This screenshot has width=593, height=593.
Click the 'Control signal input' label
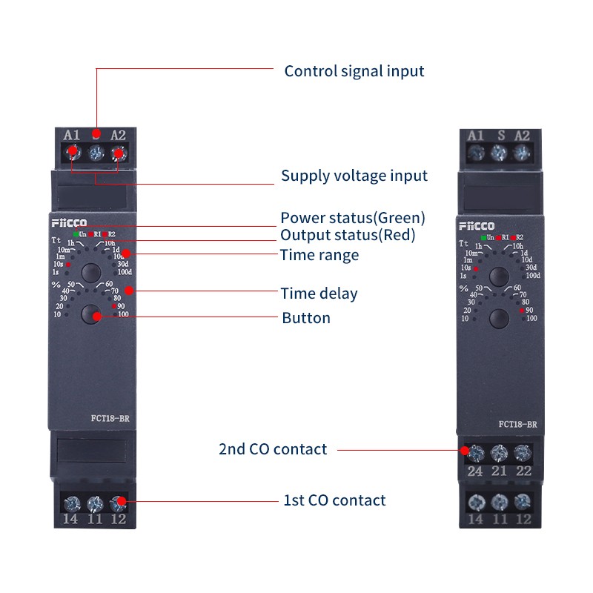[354, 71]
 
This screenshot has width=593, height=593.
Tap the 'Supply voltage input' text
[354, 176]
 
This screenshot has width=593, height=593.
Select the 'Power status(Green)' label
[353, 218]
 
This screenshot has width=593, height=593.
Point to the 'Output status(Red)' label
[348, 236]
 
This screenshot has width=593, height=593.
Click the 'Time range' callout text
[319, 255]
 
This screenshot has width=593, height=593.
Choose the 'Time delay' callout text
[319, 294]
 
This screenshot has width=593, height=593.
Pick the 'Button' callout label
[306, 318]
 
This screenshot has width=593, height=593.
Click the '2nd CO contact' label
[273, 449]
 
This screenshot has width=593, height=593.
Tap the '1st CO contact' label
[334, 500]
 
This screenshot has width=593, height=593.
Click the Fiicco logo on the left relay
[69, 222]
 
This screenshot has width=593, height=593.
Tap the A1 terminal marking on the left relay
[71, 135]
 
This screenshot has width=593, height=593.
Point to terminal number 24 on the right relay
[474, 471]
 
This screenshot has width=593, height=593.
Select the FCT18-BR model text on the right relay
[517, 425]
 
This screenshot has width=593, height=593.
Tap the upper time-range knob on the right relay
[499, 276]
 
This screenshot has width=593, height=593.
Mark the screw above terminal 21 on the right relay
[499, 452]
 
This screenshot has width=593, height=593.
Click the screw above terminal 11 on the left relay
[94, 504]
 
